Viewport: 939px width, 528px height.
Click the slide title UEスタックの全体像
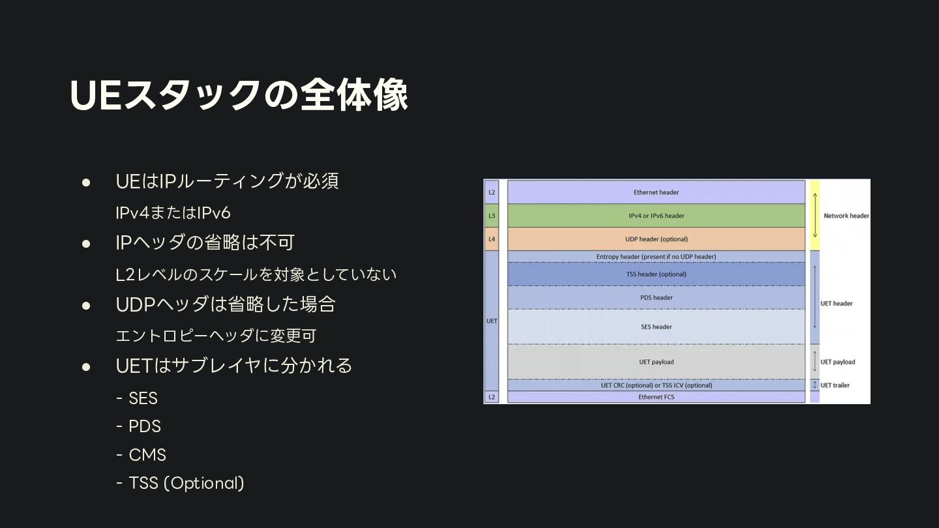click(x=239, y=95)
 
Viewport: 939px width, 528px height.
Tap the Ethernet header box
click(x=656, y=192)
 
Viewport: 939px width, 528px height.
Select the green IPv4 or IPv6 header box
click(x=656, y=216)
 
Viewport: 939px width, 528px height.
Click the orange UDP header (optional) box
click(x=656, y=239)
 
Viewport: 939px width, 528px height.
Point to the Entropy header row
click(x=656, y=257)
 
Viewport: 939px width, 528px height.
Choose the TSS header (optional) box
click(x=656, y=274)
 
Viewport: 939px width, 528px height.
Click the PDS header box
click(x=656, y=298)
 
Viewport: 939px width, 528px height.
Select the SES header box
click(x=656, y=327)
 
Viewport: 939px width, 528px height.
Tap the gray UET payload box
click(x=656, y=362)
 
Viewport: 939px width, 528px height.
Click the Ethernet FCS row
click(x=656, y=397)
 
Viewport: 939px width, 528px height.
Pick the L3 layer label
click(x=492, y=216)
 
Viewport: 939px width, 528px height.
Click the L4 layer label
click(x=492, y=239)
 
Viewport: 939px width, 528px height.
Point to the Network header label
click(x=846, y=216)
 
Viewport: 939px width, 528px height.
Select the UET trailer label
click(x=835, y=385)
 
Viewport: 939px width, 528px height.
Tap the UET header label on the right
click(x=836, y=304)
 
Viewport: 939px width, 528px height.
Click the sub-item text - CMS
click(x=141, y=454)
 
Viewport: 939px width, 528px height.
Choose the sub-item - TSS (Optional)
click(x=180, y=483)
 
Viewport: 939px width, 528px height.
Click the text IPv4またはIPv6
click(x=173, y=213)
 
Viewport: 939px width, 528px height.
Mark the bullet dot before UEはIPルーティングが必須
click(x=85, y=181)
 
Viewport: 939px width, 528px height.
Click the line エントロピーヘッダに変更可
click(x=216, y=336)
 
